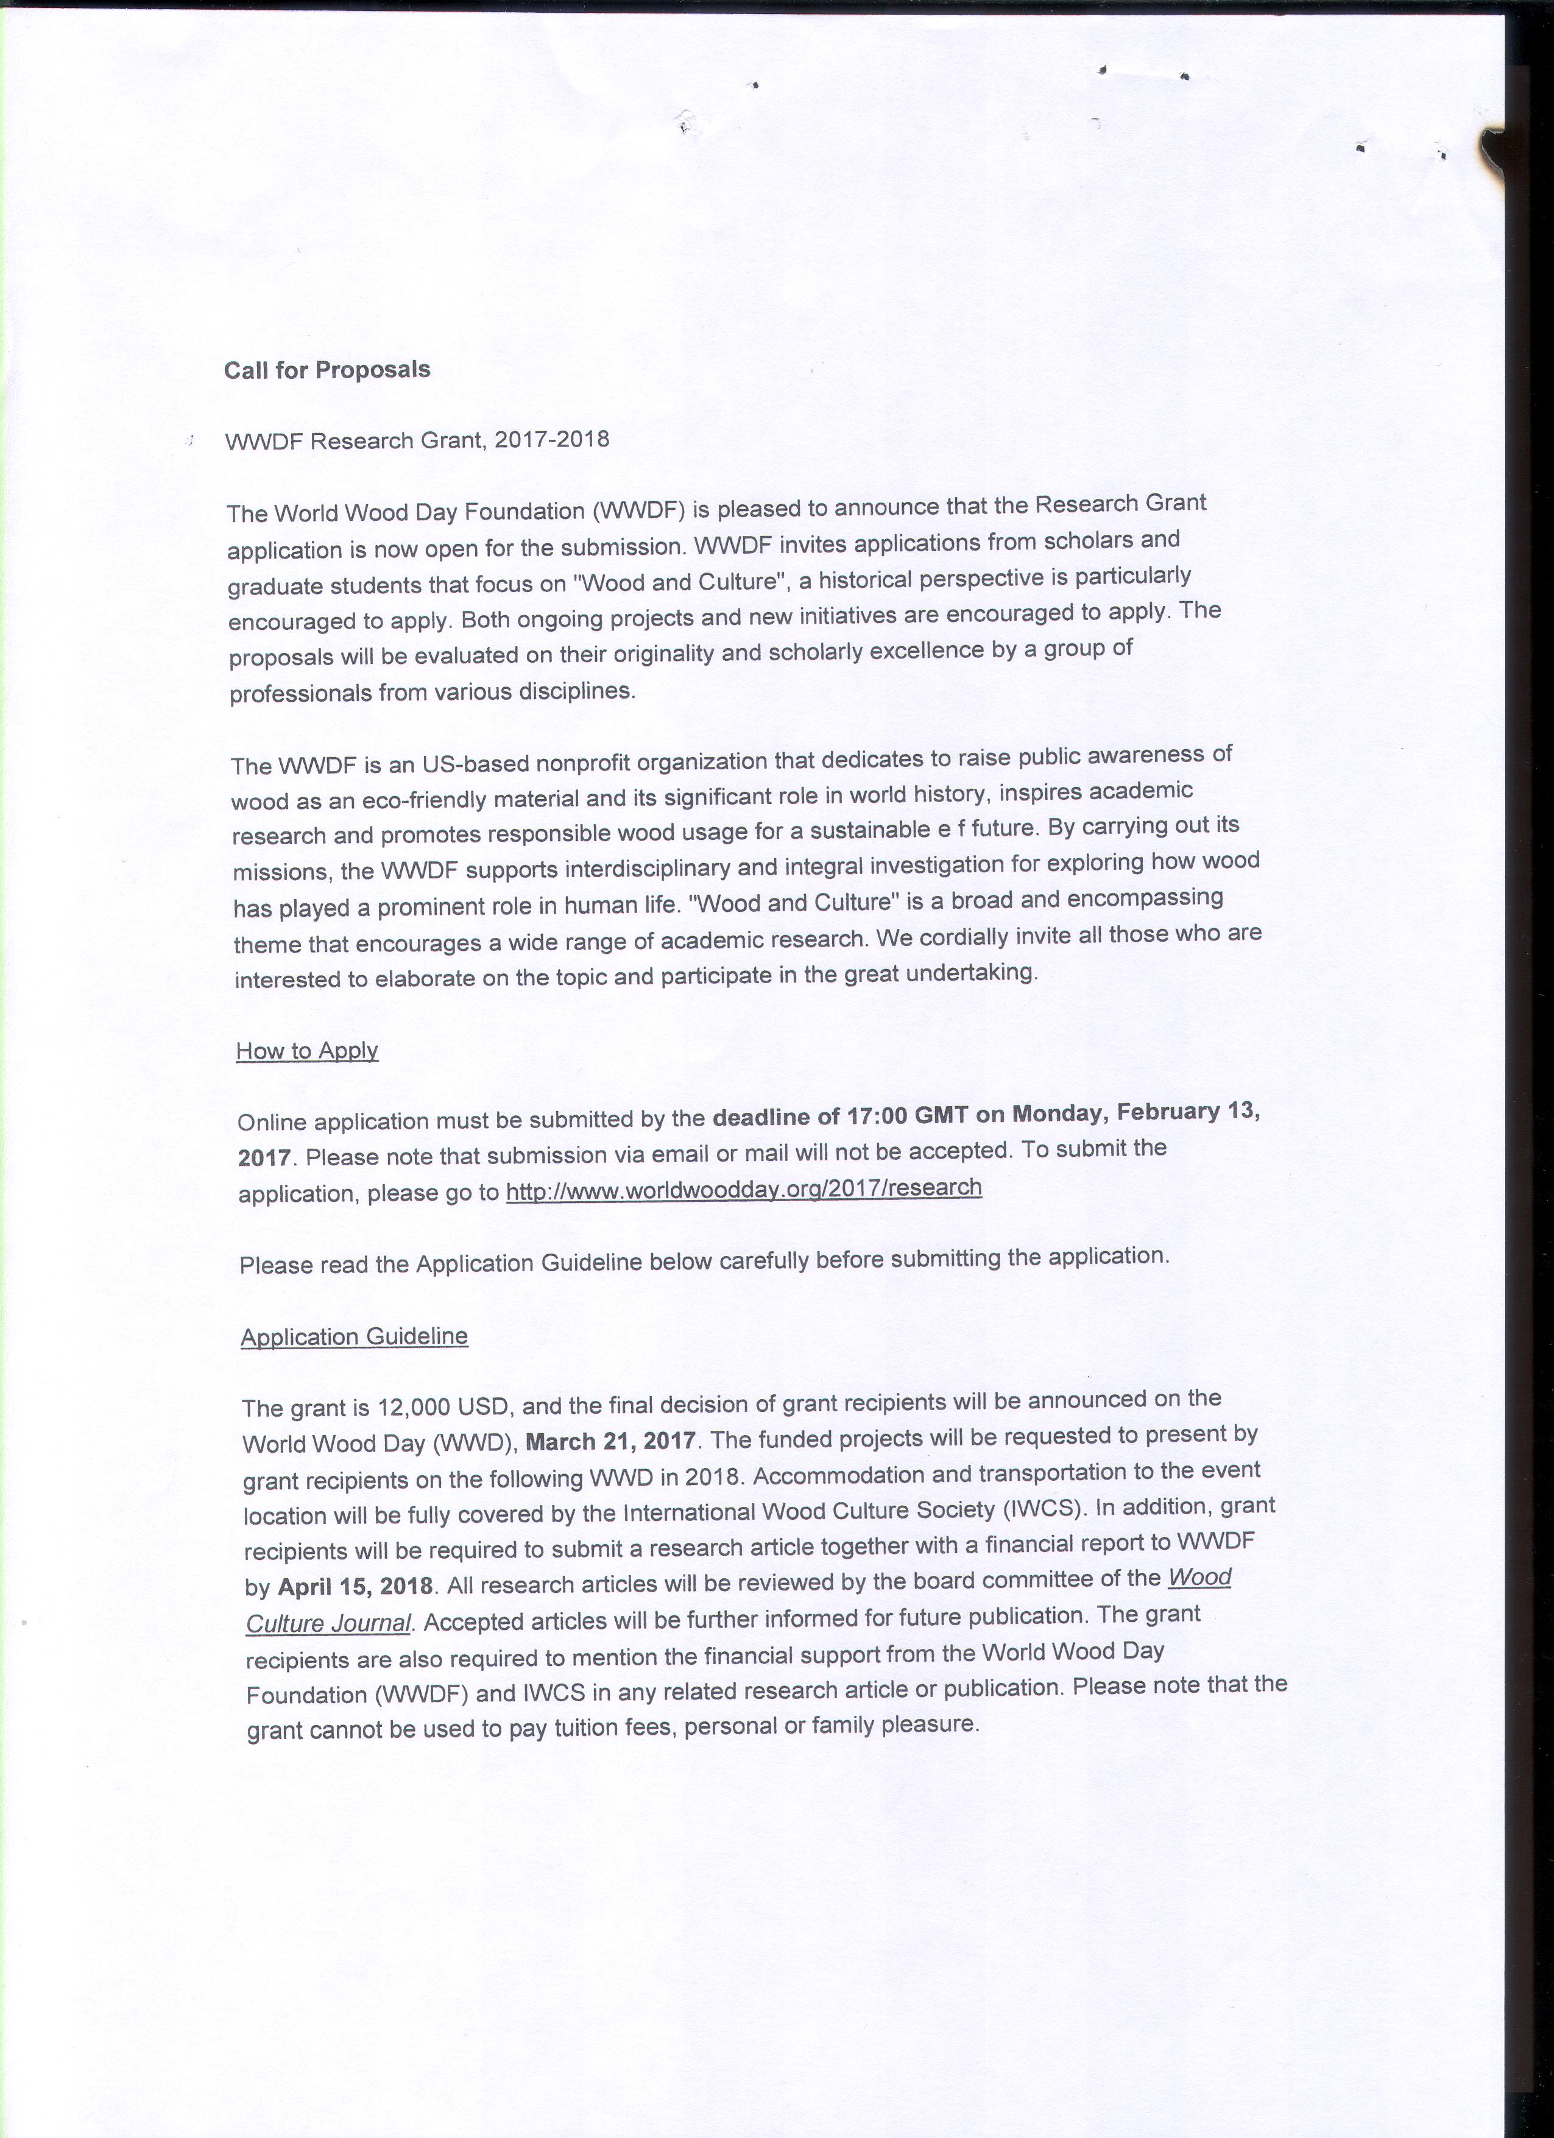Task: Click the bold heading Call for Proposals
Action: click(x=327, y=370)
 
